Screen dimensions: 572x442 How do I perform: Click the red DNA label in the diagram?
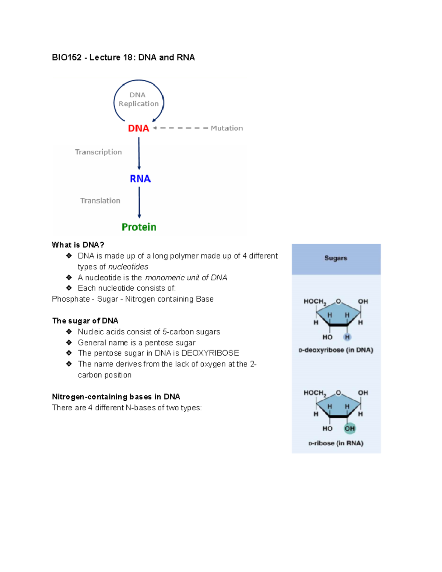pyautogui.click(x=138, y=128)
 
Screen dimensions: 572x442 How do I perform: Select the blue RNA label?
pyautogui.click(x=140, y=179)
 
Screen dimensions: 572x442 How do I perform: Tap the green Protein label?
pyautogui.click(x=139, y=227)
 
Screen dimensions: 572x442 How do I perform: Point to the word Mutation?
pyautogui.click(x=227, y=128)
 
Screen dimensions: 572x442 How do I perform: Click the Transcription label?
pyautogui.click(x=98, y=152)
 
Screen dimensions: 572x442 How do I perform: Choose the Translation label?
pyautogui.click(x=100, y=201)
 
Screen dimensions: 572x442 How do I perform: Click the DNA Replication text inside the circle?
pyautogui.click(x=138, y=99)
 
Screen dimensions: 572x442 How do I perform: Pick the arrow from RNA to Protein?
pyautogui.click(x=139, y=202)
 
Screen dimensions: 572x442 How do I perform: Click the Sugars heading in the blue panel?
pyautogui.click(x=336, y=258)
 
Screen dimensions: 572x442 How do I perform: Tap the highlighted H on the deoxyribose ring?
pyautogui.click(x=347, y=337)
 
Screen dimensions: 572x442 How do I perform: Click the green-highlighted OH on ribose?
pyautogui.click(x=350, y=428)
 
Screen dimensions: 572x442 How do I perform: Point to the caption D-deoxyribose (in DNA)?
pyautogui.click(x=336, y=350)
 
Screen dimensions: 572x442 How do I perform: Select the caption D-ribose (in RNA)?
pyautogui.click(x=336, y=443)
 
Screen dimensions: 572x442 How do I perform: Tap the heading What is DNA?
pyautogui.click(x=78, y=245)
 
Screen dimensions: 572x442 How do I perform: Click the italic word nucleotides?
pyautogui.click(x=128, y=267)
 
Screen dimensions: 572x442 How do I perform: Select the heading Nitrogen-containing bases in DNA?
pyautogui.click(x=116, y=397)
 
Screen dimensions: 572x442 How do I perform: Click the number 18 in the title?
pyautogui.click(x=128, y=57)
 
